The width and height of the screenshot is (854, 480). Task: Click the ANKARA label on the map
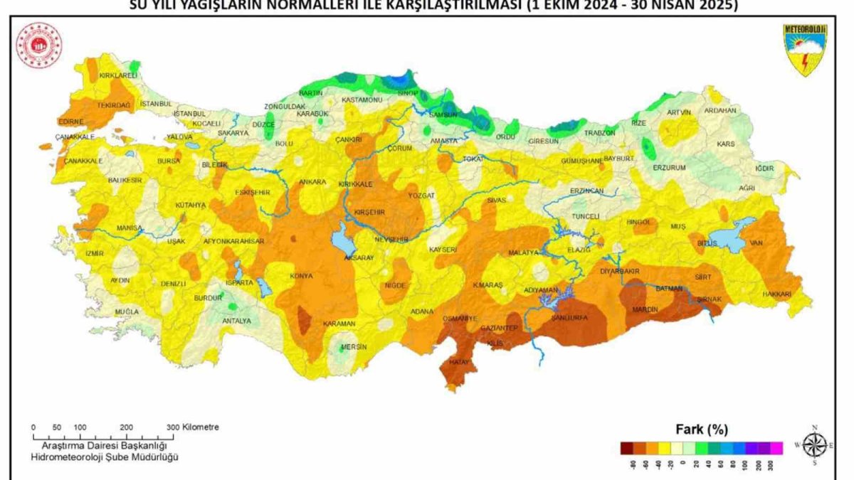(312, 182)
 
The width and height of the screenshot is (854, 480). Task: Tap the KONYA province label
(301, 277)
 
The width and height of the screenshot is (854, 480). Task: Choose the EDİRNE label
(71, 122)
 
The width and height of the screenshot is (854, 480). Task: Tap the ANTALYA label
(237, 321)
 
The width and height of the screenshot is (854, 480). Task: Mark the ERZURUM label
(670, 168)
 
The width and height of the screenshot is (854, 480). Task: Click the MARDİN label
(645, 309)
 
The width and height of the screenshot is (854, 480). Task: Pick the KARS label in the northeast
(726, 144)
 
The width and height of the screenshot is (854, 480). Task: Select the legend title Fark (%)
(701, 430)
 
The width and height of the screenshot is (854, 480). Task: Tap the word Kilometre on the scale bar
(201, 427)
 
